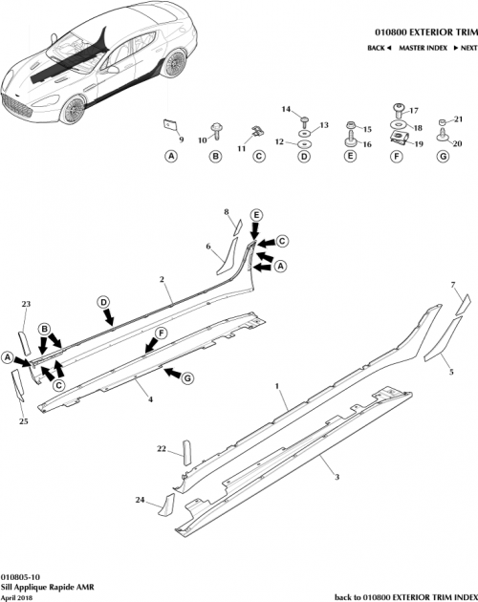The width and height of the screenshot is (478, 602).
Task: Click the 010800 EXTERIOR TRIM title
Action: coord(422,31)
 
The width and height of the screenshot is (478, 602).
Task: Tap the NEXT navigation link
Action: coord(463,47)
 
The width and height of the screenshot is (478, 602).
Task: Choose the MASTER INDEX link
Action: coord(422,47)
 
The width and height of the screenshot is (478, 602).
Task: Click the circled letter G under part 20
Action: coord(442,156)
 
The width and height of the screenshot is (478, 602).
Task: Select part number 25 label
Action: coord(24,421)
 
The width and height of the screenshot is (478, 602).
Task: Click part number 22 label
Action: coord(163,448)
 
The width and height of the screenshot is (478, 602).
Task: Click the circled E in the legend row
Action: coord(350,156)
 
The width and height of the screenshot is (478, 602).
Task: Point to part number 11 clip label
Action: coord(241,150)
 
